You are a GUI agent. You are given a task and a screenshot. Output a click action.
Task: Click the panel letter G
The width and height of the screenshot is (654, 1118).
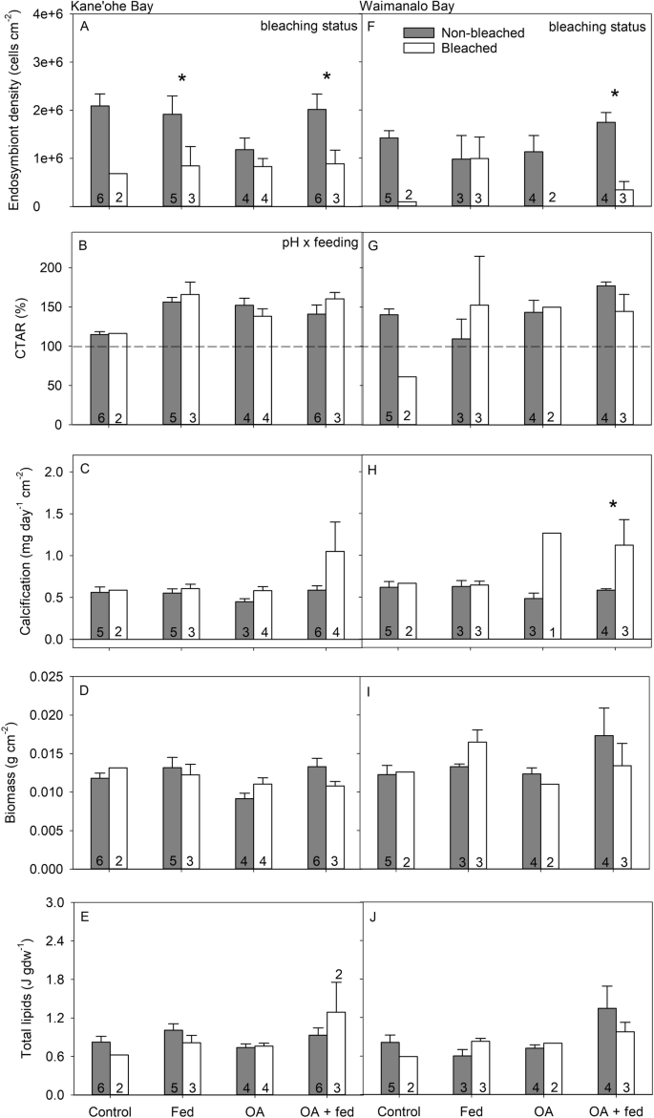pyautogui.click(x=375, y=244)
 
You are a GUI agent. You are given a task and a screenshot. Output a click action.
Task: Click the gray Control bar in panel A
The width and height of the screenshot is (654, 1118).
pyautogui.click(x=98, y=155)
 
